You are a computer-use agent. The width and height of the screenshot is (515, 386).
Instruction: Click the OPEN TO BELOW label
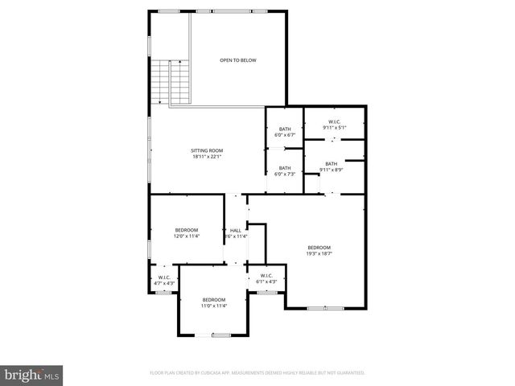pyautogui.click(x=238, y=60)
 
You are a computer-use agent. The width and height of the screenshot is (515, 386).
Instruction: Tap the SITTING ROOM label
pyautogui.click(x=207, y=150)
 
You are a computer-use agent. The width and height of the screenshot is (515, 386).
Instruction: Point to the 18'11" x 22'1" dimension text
pyautogui.click(x=207, y=157)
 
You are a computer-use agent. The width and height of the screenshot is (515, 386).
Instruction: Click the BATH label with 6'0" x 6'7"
pyautogui.click(x=285, y=129)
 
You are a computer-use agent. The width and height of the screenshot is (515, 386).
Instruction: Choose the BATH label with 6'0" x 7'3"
pyautogui.click(x=285, y=168)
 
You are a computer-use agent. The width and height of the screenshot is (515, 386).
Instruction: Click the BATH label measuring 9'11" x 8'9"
pyautogui.click(x=332, y=164)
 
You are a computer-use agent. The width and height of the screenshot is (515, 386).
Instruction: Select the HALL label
pyautogui.click(x=236, y=230)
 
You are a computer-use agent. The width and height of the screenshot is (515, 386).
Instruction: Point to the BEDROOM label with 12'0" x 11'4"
pyautogui.click(x=187, y=230)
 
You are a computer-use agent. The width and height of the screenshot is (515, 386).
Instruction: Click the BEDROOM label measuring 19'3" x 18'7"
pyautogui.click(x=319, y=247)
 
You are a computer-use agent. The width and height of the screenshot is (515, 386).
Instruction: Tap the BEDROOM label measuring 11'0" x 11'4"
pyautogui.click(x=213, y=300)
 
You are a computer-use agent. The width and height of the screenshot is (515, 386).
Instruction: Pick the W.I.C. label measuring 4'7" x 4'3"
pyautogui.click(x=163, y=277)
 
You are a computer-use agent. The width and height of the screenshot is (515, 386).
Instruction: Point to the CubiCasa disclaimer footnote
pyautogui.click(x=257, y=373)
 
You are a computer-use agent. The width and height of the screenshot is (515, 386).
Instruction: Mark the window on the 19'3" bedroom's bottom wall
pyautogui.click(x=319, y=308)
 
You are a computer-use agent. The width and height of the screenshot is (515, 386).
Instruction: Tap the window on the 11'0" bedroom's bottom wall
pyautogui.click(x=220, y=335)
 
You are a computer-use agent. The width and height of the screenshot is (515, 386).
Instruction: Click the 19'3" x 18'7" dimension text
pyautogui.click(x=319, y=253)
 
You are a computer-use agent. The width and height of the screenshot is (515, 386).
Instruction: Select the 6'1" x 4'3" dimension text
pyautogui.click(x=266, y=281)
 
